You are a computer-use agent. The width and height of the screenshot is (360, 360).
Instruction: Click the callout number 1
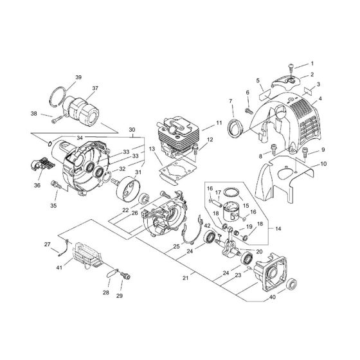pyautogui.click(x=312, y=64)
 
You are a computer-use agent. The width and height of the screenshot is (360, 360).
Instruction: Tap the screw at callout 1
pyautogui.click(x=292, y=66)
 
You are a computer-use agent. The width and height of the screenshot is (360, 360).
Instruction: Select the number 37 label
pyautogui.click(x=94, y=88)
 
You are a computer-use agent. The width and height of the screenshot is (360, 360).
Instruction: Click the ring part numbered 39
pyautogui.click(x=60, y=96)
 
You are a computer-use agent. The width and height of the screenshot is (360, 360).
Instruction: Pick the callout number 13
pyautogui.click(x=152, y=149)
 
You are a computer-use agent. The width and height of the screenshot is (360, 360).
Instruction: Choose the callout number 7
pyautogui.click(x=231, y=101)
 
